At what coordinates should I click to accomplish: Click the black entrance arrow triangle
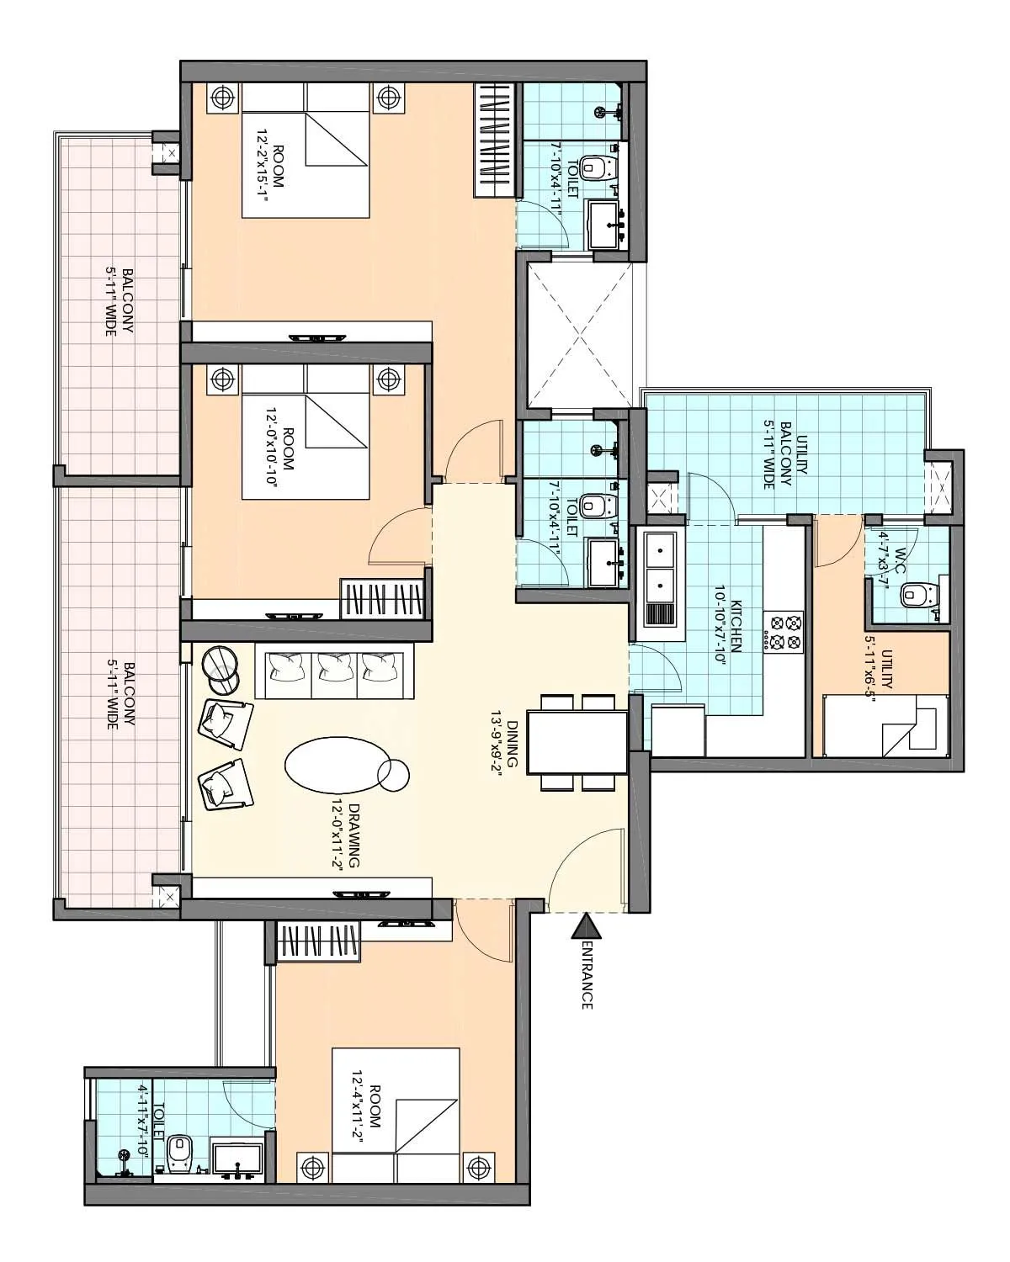tap(587, 928)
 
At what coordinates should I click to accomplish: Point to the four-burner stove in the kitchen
tap(784, 633)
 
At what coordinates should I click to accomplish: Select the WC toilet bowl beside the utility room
tap(915, 596)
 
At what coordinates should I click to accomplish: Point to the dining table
tap(577, 742)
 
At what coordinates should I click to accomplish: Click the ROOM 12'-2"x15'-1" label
tap(269, 179)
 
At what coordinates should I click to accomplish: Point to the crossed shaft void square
tap(577, 335)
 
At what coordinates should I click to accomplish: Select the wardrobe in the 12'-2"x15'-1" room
tap(494, 141)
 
